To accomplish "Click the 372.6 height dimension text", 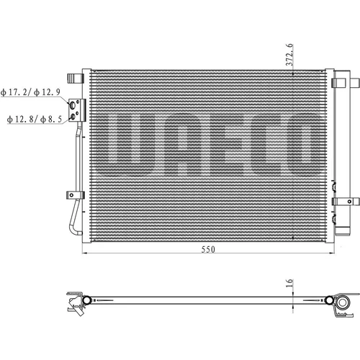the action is pos(289,55).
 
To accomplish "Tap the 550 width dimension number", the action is pos(208,250).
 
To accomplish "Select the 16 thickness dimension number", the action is pos(289,283).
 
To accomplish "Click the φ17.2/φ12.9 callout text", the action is pos(30,92).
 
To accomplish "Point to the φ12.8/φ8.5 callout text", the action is pos(35,119).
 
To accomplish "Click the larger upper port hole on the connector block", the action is pos(72,105).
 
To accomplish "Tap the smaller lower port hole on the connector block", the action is pos(73,117).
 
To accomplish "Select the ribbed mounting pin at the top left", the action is pos(75,78).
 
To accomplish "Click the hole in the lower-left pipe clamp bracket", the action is pos(71,195).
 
